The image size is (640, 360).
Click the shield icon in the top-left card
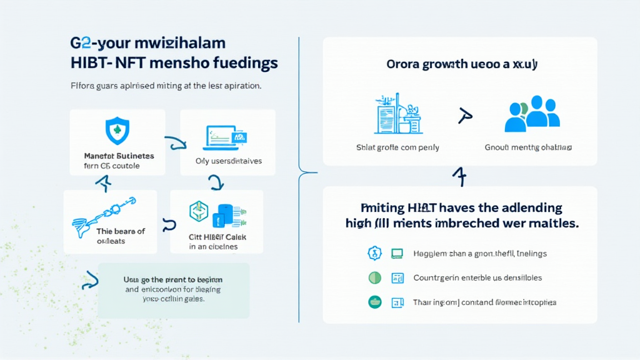point(117,132)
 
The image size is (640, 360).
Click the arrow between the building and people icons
point(463,116)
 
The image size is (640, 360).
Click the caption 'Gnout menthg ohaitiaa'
point(528,147)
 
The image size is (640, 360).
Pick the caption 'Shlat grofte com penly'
point(397,147)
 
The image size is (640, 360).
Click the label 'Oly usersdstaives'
point(229,161)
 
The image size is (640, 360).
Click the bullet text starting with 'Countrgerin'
point(477,277)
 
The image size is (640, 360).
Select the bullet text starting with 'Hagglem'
point(480,254)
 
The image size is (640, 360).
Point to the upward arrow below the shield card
point(102,182)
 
